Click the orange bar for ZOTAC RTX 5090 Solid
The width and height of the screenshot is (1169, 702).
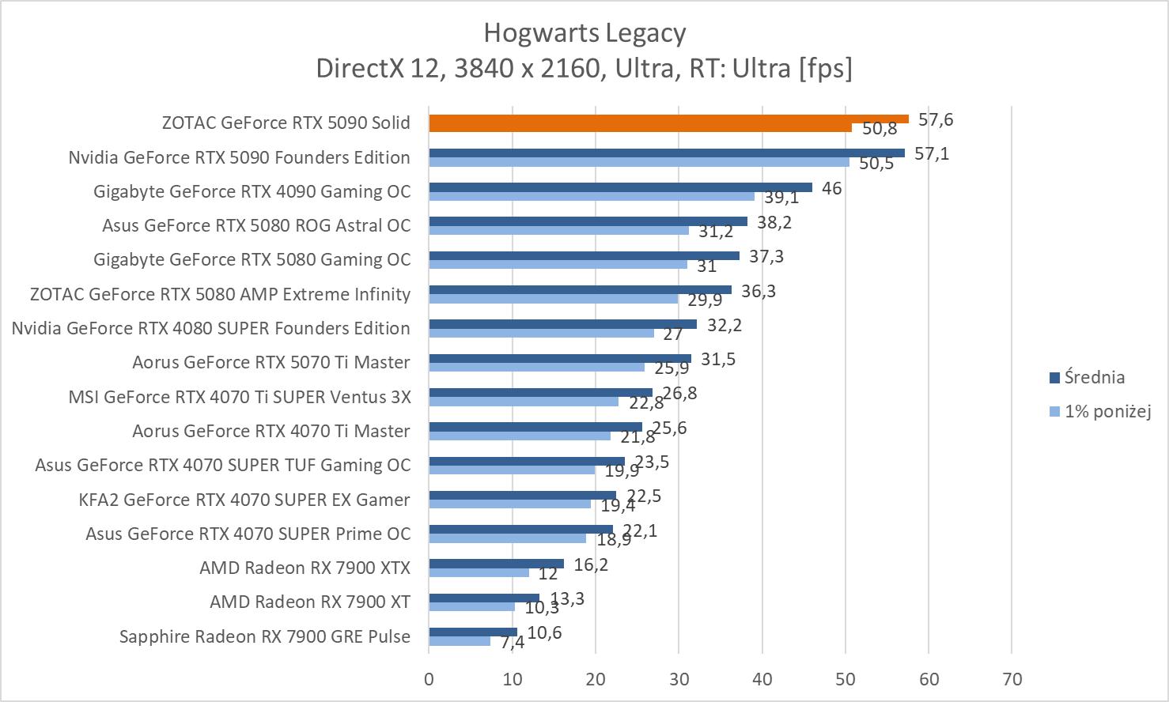click(x=668, y=119)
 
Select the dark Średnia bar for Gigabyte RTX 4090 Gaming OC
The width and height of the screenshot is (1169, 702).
click(x=620, y=187)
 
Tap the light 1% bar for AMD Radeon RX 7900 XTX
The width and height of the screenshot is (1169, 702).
click(x=479, y=572)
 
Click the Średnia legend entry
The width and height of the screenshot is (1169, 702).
click(x=1094, y=377)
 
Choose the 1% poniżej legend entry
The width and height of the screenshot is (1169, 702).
click(x=1107, y=411)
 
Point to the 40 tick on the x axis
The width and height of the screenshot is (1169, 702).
click(x=762, y=679)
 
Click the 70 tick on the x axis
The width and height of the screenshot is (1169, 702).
click(x=1012, y=679)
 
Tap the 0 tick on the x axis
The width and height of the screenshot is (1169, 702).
click(x=429, y=679)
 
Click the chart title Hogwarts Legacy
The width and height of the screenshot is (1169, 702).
click(x=584, y=32)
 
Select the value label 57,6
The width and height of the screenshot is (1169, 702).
click(x=936, y=119)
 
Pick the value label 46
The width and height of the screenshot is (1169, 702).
click(x=831, y=188)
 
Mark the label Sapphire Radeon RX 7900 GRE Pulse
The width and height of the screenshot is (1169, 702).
click(x=265, y=636)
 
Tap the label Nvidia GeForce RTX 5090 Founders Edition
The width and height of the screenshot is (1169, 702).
click(x=239, y=157)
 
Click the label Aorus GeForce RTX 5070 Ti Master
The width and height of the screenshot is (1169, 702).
click(x=271, y=362)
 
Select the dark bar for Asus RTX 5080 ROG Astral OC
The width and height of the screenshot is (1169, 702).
click(x=588, y=221)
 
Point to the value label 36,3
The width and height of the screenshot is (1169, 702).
click(x=759, y=291)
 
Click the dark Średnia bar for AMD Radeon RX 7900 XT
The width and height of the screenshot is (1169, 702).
click(x=484, y=598)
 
